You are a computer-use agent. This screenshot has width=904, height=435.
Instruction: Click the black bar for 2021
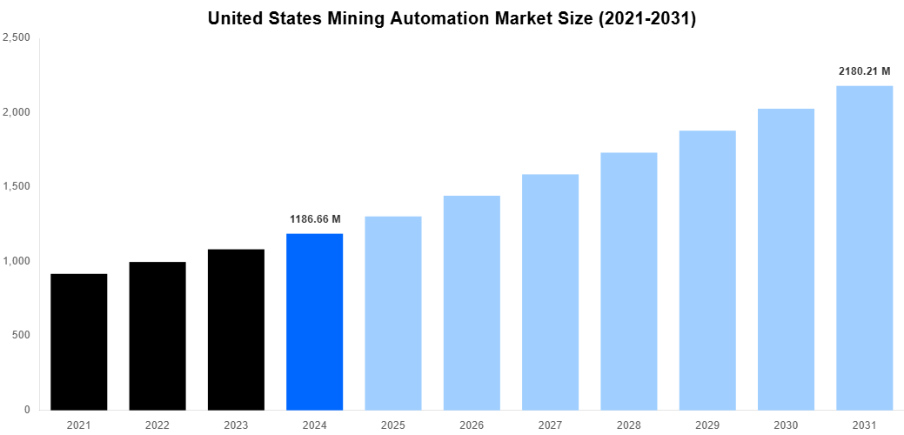79,342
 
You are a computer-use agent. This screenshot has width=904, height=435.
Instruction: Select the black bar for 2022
157,336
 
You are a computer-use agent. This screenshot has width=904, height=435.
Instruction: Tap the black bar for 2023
236,330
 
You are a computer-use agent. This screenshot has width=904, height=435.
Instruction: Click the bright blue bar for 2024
314,322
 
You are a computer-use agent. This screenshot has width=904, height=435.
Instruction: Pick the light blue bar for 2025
393,313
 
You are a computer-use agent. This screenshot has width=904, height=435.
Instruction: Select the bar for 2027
550,292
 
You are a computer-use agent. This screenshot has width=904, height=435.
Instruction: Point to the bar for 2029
707,271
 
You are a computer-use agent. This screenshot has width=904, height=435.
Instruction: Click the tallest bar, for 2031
865,248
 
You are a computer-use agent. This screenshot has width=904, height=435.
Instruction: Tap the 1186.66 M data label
315,218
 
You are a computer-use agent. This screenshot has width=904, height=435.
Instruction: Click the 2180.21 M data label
865,71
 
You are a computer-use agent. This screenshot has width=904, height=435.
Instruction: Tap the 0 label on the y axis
28,410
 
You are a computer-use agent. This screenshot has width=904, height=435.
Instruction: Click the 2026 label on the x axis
472,424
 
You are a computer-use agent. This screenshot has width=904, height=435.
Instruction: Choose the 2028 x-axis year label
629,424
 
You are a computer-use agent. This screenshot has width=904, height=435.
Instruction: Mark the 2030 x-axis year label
786,424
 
